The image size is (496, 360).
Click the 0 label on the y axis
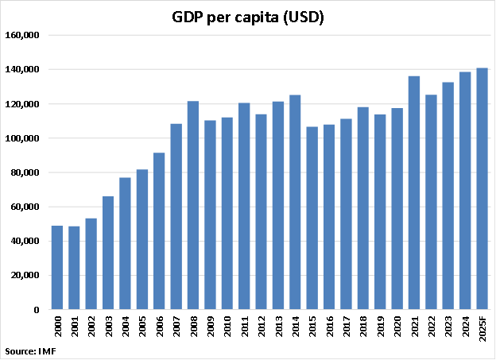coord(37,310)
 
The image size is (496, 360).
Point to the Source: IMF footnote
coord(31,350)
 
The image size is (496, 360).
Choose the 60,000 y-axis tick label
coord(26,207)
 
